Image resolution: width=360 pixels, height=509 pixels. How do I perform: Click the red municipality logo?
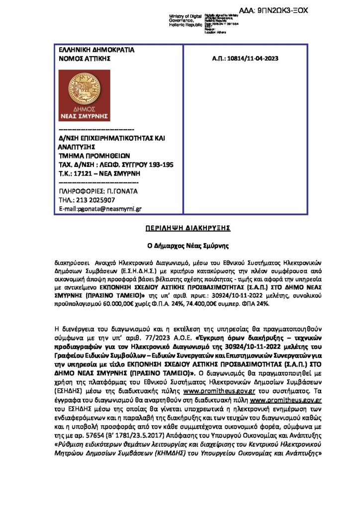[x=84, y=95]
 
